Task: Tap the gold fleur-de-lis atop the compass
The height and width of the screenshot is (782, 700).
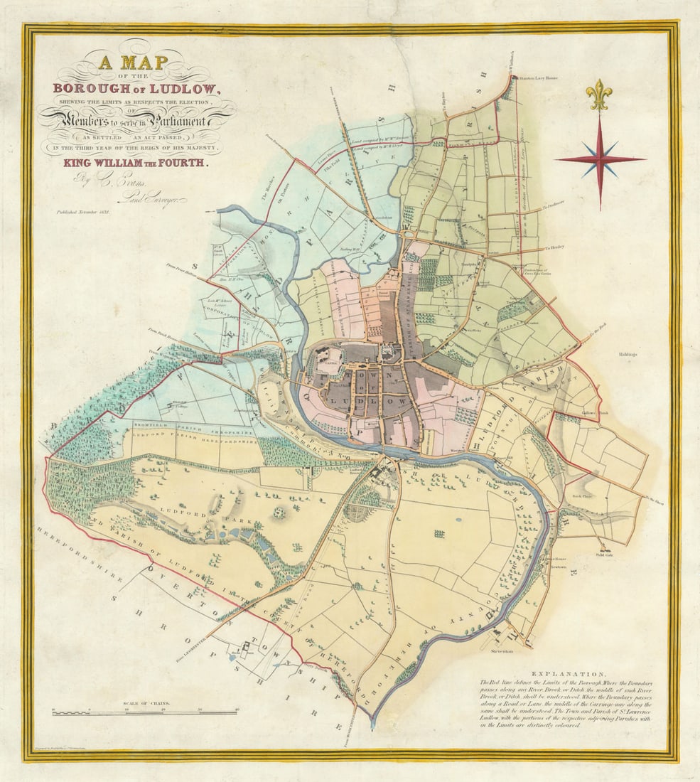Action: tap(599, 95)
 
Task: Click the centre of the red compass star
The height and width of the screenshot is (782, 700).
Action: tap(600, 160)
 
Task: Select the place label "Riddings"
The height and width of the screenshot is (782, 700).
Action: tap(629, 353)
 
